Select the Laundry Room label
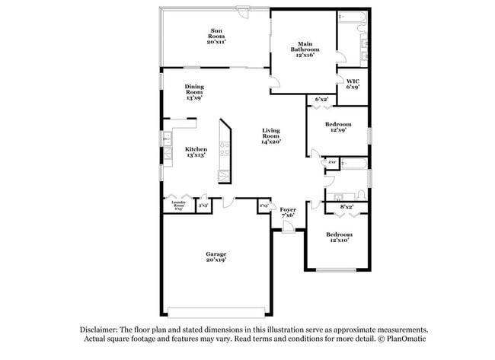[179, 204]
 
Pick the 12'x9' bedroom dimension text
[338, 130]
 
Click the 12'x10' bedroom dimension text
[338, 241]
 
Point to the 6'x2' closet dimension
[321, 99]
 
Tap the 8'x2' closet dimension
[346, 206]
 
